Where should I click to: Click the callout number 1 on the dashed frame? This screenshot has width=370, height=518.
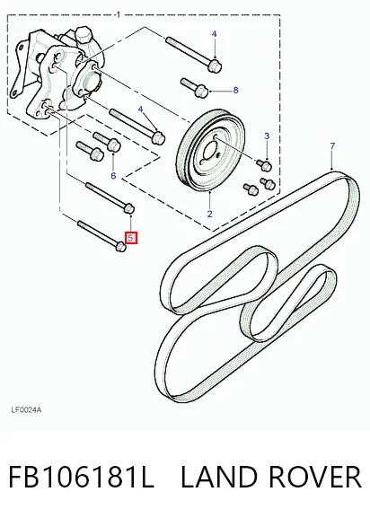[119, 14]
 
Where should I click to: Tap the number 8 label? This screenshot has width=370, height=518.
[235, 90]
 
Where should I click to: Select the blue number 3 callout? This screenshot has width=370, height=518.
[267, 136]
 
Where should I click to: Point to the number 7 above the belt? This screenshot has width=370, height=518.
[332, 145]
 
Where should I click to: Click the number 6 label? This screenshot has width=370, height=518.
[113, 175]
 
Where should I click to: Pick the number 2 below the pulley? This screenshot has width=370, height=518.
[210, 214]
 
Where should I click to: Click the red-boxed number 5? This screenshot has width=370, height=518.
[131, 238]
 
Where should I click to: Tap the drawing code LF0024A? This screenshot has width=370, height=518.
[26, 410]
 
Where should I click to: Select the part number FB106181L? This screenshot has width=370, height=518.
[81, 477]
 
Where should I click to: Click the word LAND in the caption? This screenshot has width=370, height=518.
[219, 477]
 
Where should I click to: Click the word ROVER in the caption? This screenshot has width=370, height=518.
[315, 477]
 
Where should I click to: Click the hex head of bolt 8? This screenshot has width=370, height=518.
[202, 92]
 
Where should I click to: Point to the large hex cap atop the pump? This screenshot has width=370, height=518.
[84, 36]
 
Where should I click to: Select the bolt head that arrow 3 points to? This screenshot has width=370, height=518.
[266, 165]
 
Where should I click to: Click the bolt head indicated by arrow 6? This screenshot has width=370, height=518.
[114, 145]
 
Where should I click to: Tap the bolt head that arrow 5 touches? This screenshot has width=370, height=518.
[129, 208]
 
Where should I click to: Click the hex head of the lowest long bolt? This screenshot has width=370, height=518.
[120, 246]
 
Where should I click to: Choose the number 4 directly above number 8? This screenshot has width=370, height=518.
[215, 34]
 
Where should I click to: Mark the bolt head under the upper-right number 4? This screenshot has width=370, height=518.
[215, 66]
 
